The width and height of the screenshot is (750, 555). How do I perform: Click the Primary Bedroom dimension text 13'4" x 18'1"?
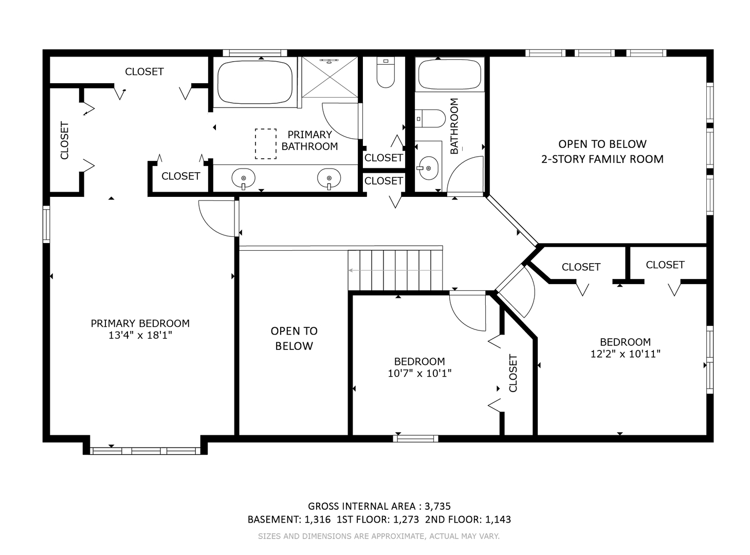pos(140,335)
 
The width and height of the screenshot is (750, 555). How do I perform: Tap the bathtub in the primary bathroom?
pos(255,82)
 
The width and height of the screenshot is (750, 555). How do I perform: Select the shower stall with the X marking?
pos(330,77)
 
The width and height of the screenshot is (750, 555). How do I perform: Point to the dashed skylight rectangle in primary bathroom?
pos(265,144)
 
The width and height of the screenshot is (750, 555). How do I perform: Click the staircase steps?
pos(395,270)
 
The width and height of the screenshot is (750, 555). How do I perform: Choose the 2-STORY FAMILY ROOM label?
pos(602,159)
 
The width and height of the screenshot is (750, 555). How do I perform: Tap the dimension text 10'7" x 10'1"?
pos(419,373)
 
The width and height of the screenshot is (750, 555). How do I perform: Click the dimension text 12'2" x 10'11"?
pos(625,354)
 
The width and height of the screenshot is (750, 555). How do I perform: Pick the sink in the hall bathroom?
pos(428,168)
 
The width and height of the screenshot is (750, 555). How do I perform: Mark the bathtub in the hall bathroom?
pos(449,75)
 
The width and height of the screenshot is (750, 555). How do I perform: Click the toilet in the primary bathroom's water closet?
pos(386,72)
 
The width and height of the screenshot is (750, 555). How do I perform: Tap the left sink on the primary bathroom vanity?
pos(243,178)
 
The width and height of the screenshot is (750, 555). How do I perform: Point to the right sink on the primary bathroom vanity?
pos(328,178)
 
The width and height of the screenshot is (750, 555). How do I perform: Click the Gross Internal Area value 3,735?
pos(437,506)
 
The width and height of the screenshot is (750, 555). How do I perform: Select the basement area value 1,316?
pos(318,519)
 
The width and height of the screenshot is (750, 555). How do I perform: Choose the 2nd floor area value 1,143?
pos(498,519)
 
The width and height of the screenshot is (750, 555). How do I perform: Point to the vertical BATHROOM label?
pos(454,126)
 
